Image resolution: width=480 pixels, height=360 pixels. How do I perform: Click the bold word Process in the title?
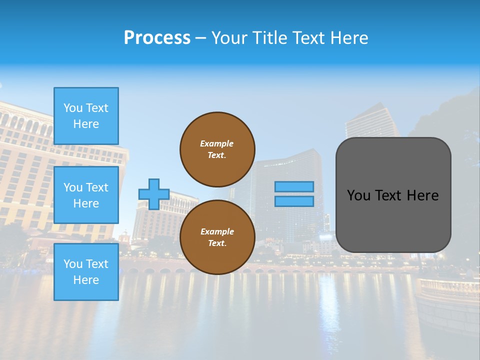[x=157, y=38]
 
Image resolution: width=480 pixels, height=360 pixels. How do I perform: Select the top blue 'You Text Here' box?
[x=86, y=116]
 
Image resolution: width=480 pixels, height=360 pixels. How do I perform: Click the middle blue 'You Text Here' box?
[x=86, y=195]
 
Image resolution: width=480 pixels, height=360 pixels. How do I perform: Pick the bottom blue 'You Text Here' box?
[x=86, y=272]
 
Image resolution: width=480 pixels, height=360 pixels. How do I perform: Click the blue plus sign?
[x=154, y=194]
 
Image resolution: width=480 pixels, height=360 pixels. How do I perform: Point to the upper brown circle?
[x=217, y=149]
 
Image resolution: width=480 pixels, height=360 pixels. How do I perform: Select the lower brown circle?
[x=217, y=237]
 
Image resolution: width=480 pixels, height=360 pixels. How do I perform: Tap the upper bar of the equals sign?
[x=294, y=187]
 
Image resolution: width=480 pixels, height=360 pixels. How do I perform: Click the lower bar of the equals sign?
[x=294, y=201]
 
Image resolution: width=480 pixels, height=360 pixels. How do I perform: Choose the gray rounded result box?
[x=393, y=195]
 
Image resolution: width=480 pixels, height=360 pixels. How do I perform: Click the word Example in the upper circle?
[x=217, y=143]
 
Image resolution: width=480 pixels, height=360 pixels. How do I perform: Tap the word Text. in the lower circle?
[x=217, y=243]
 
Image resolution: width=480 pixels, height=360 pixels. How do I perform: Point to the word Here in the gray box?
[x=422, y=195]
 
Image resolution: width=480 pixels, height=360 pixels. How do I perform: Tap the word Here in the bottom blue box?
[x=86, y=280]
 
